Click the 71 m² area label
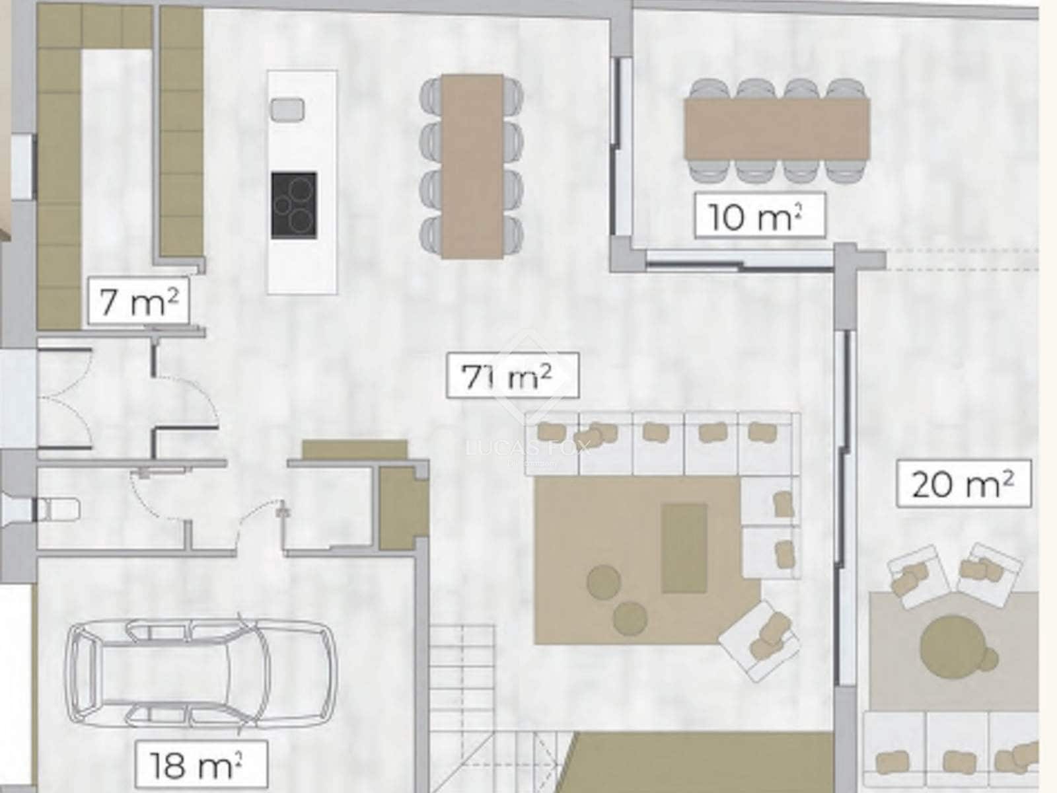[512, 376]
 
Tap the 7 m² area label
[138, 302]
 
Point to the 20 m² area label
[964, 484]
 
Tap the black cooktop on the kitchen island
[293, 206]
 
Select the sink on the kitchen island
[287, 108]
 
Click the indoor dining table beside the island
[472, 165]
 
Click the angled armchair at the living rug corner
[760, 638]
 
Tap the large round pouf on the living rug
[602, 582]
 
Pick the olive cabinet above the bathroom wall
[354, 449]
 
